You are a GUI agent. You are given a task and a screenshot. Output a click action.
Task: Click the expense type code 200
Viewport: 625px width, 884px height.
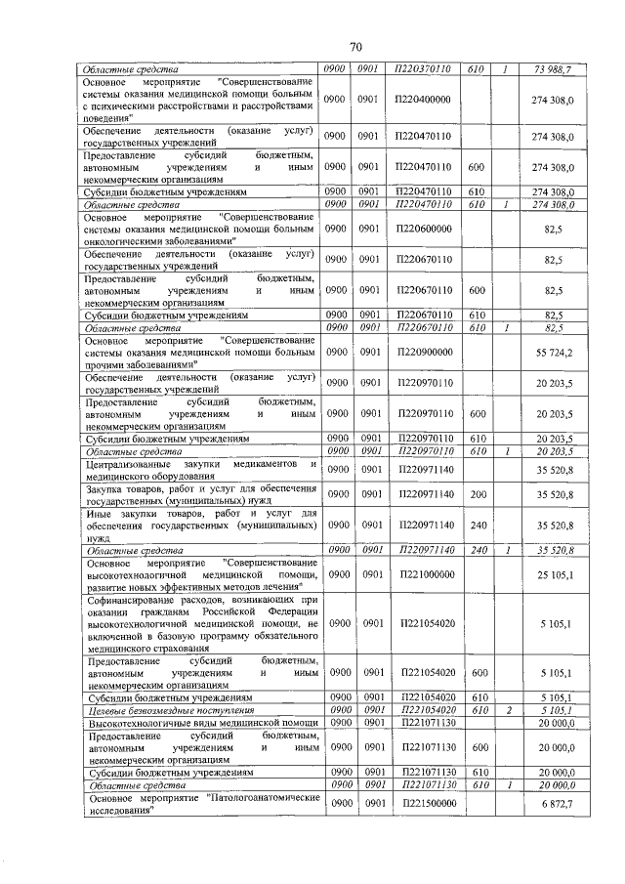(x=478, y=495)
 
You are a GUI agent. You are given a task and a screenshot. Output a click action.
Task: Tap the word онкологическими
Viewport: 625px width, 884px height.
(x=132, y=239)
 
